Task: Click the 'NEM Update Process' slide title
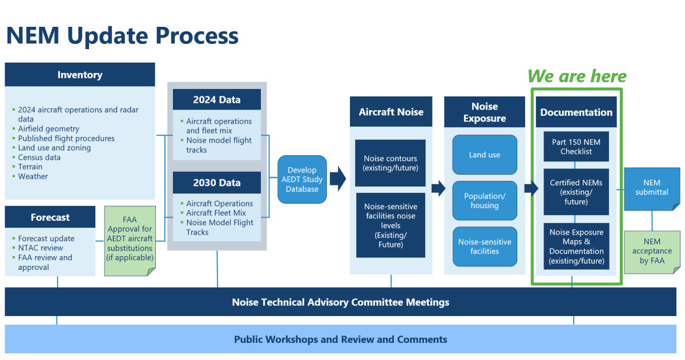point(122,35)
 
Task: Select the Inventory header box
point(80,75)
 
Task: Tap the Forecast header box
point(50,217)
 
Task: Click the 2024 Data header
point(216,99)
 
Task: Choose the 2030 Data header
point(216,183)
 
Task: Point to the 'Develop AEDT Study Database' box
point(302,179)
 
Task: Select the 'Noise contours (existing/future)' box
point(391,163)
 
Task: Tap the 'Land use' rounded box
point(485,155)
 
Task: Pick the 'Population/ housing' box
point(485,201)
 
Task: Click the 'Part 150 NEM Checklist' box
point(576,147)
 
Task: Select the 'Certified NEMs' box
point(576,192)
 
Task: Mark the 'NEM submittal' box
point(652,188)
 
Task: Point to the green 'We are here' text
point(577,76)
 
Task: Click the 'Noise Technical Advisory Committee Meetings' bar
point(341,302)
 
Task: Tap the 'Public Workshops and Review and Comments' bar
point(341,339)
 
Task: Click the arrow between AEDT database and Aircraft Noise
point(338,179)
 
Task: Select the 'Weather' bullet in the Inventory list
point(33,176)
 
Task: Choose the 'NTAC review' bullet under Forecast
point(41,248)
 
